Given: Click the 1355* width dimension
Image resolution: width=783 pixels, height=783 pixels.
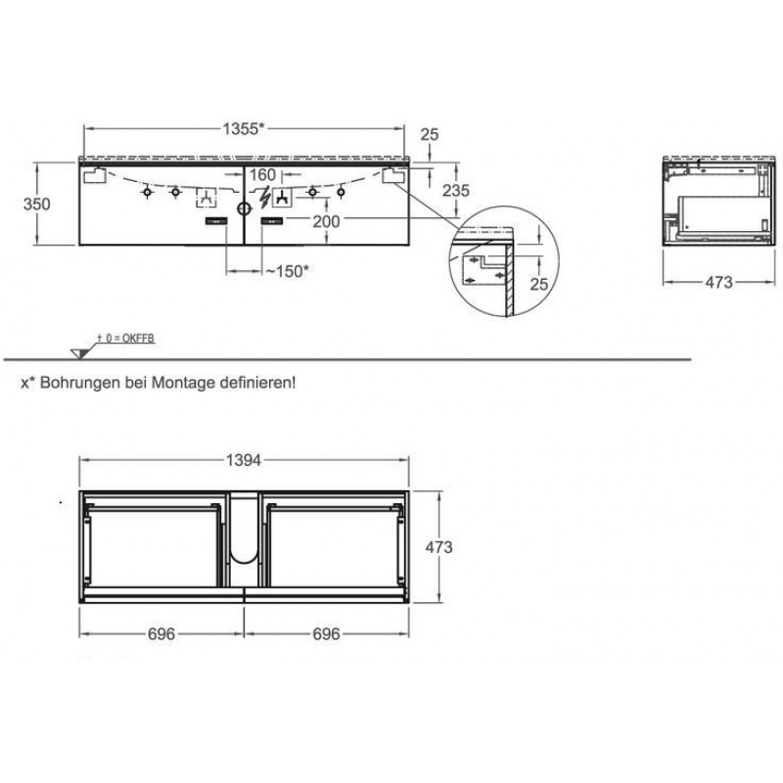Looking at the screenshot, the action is click(x=243, y=129).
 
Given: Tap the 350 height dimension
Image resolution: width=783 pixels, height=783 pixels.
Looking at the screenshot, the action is click(x=37, y=204).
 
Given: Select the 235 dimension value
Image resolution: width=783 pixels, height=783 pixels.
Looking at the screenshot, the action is click(x=456, y=190).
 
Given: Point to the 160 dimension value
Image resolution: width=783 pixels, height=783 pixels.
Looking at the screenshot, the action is click(x=262, y=175).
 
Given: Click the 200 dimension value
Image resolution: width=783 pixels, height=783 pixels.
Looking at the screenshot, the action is click(x=326, y=221).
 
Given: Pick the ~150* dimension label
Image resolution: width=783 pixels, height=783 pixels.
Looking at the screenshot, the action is click(x=287, y=271).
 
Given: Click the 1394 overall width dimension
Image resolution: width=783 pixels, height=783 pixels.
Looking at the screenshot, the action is click(x=244, y=460).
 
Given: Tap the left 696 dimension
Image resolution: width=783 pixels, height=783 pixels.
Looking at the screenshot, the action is click(x=161, y=633).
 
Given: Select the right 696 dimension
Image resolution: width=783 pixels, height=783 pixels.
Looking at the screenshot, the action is click(x=326, y=633).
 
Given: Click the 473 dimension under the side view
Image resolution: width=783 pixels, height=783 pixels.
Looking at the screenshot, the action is click(x=718, y=282).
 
